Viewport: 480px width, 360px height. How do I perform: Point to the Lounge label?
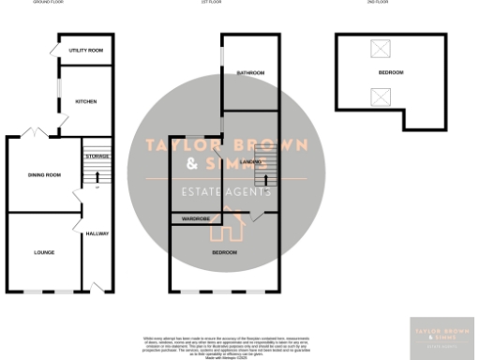click(43, 252)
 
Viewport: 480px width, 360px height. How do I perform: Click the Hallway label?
click(97, 233)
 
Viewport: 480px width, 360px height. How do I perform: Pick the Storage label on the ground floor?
click(97, 156)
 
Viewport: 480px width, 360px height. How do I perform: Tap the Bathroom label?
click(250, 72)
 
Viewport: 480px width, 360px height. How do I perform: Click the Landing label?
click(250, 163)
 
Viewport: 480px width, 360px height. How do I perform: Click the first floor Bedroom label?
click(223, 252)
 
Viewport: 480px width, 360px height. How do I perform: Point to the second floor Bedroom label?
click(391, 72)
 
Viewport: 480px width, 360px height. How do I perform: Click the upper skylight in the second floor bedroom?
click(380, 48)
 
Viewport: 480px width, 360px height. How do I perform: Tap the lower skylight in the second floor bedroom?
click(380, 95)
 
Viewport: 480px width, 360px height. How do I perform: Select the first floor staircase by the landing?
click(267, 174)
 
